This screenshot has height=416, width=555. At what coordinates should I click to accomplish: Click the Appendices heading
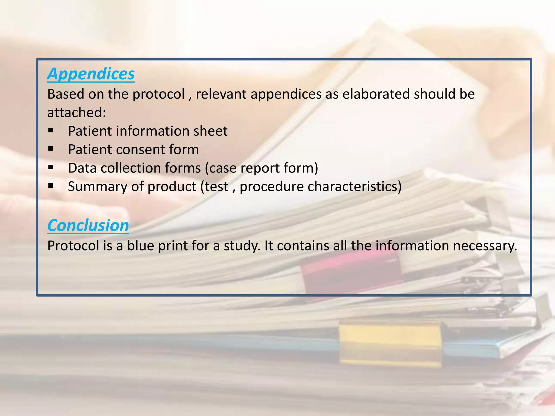pyautogui.click(x=91, y=74)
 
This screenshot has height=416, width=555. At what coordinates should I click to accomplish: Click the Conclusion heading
pyautogui.click(x=88, y=225)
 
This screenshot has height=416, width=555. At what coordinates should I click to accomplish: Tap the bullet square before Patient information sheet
pyautogui.click(x=51, y=131)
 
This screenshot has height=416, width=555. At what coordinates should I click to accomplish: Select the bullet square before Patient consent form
pyautogui.click(x=51, y=149)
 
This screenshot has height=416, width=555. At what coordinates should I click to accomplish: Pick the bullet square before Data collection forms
pyautogui.click(x=51, y=167)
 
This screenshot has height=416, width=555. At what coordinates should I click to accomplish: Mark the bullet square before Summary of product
pyautogui.click(x=51, y=186)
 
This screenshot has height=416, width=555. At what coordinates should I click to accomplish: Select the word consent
pyautogui.click(x=140, y=149)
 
